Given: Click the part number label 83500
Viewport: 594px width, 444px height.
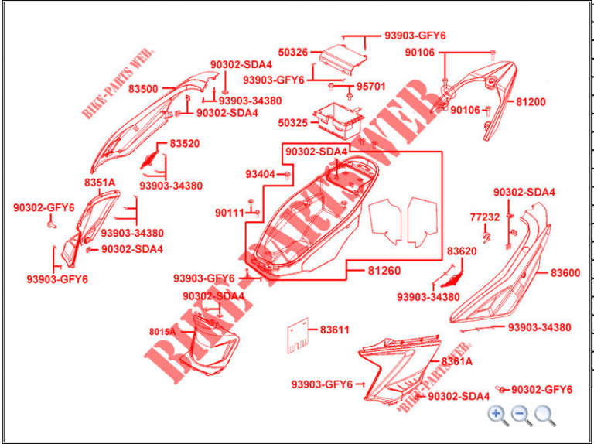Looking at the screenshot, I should [x=143, y=89].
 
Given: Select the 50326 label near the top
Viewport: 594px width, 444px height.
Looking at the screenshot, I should [x=293, y=53].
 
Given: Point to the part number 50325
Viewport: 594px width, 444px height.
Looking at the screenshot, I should [x=292, y=123].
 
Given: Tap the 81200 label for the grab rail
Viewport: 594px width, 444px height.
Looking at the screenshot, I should [x=531, y=102].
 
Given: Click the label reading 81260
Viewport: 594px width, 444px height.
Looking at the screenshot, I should [x=384, y=271].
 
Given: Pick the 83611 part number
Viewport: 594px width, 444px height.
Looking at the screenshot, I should [x=335, y=330].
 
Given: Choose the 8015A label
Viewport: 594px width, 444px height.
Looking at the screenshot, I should [x=162, y=332].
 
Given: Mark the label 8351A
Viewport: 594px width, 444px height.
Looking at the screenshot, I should [x=100, y=183].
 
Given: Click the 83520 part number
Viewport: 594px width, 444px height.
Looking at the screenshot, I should [x=185, y=144].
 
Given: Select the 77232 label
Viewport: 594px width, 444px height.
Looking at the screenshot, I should [x=485, y=217].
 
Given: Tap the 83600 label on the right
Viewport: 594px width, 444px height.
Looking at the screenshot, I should [x=565, y=273].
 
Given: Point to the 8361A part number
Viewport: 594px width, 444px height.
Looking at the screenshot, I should [x=457, y=361].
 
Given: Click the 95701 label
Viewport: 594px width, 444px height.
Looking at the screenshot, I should [x=370, y=87].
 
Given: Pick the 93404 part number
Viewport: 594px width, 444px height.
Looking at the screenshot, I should [x=261, y=174].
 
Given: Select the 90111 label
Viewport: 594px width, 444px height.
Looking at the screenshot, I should [x=230, y=213].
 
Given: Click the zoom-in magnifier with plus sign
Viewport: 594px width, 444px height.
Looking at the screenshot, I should [x=498, y=415].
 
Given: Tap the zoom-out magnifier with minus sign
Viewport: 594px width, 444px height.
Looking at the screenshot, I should [x=522, y=415].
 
